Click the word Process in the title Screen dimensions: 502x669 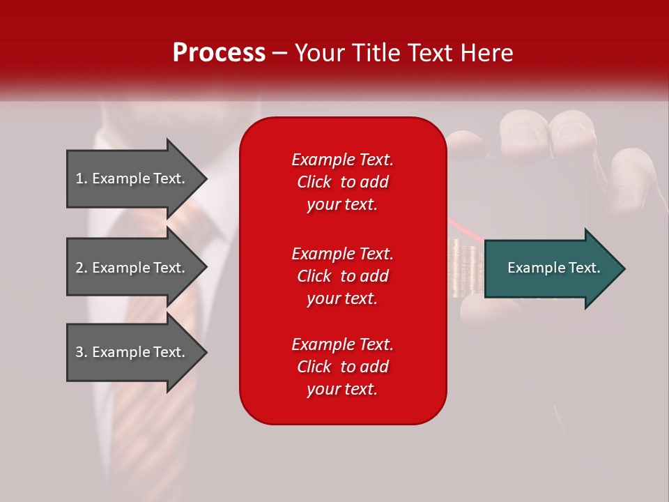point(219,52)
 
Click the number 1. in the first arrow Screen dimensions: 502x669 point(81,178)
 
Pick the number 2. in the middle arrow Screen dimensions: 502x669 point(81,268)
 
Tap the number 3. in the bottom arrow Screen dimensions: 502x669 point(81,352)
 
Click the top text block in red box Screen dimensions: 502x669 point(342,182)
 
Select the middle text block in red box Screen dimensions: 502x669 point(342,276)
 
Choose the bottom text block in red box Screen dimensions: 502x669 point(342,367)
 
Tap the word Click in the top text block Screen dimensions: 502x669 point(314,182)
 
